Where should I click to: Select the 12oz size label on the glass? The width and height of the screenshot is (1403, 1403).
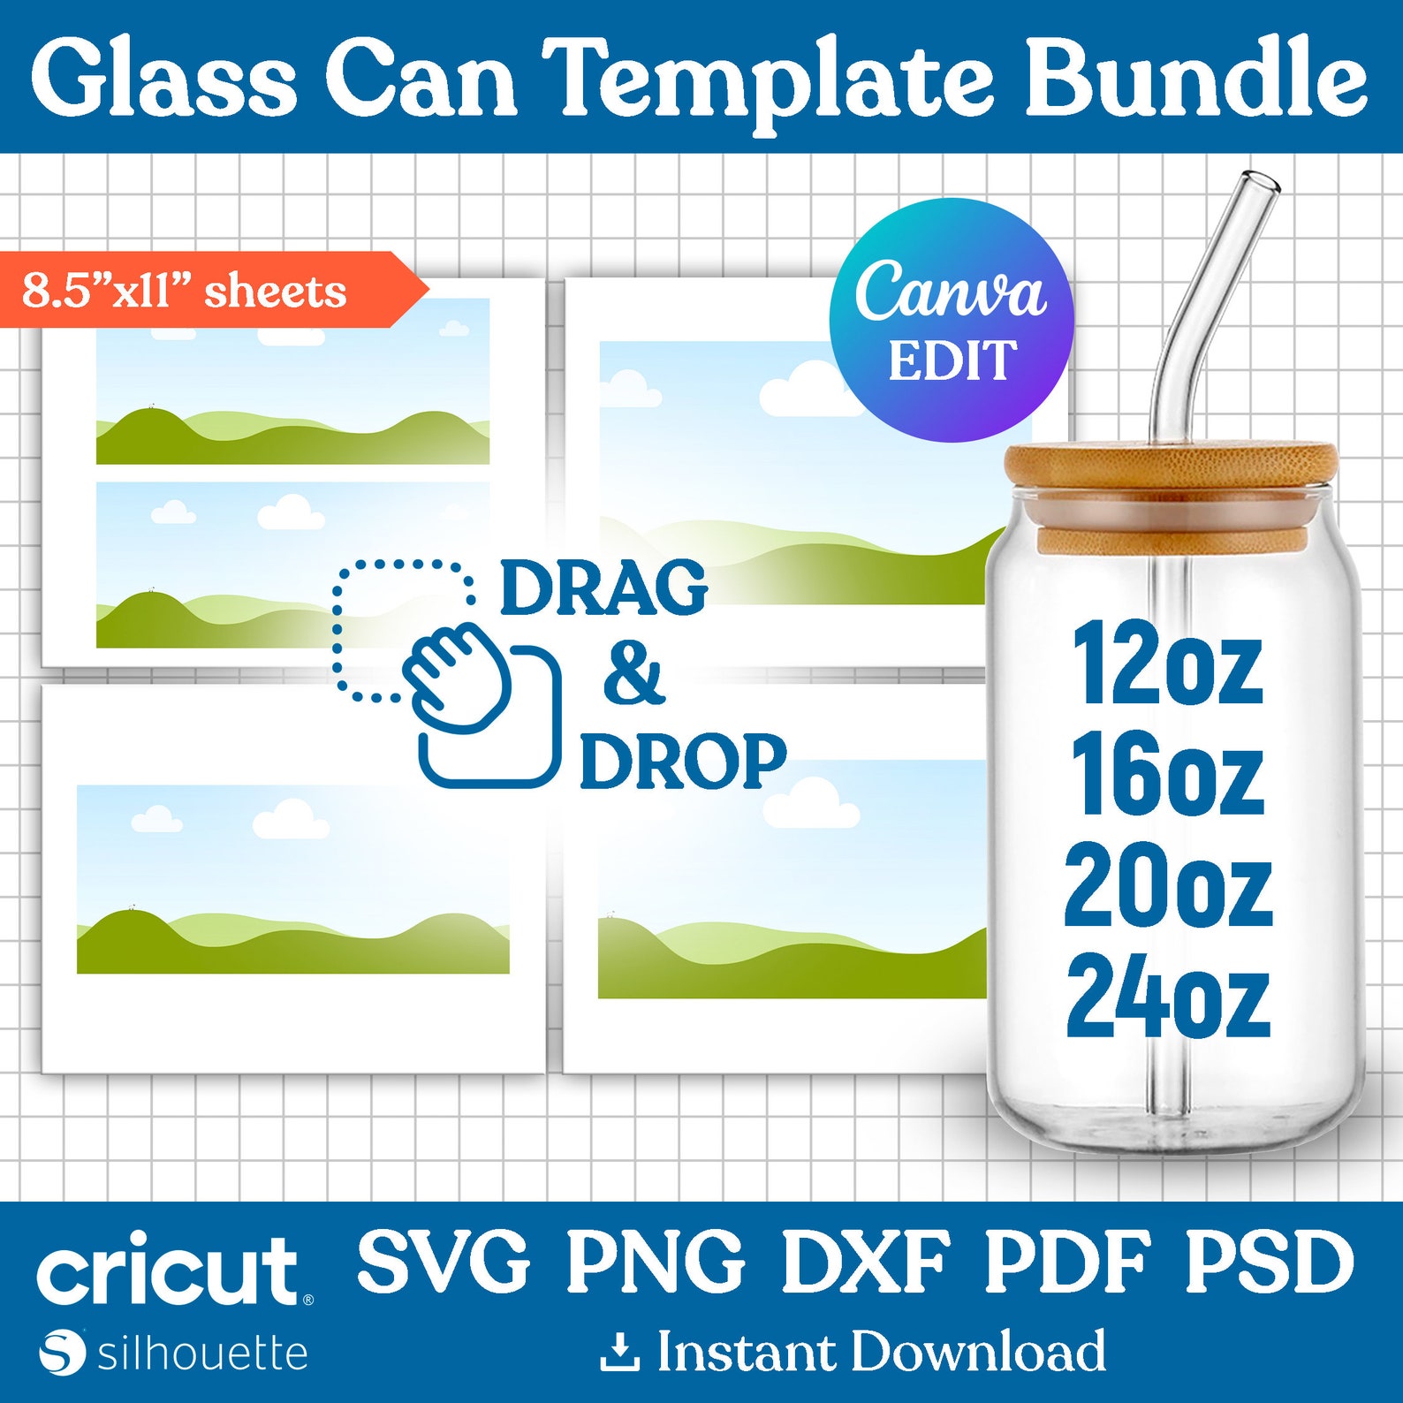click(x=1167, y=664)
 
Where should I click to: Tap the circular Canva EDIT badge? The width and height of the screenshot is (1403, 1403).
click(x=952, y=320)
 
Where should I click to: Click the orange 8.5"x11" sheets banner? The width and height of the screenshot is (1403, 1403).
click(x=203, y=290)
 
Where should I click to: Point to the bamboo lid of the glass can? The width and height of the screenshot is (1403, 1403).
click(x=1171, y=464)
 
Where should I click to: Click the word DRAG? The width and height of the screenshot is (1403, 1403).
click(x=604, y=587)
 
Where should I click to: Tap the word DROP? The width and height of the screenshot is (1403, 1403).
click(x=682, y=761)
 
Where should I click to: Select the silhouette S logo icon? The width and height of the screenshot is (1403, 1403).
click(x=62, y=1352)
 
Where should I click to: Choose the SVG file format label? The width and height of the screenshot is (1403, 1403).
click(x=444, y=1261)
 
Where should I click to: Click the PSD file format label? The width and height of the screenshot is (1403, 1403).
click(x=1269, y=1261)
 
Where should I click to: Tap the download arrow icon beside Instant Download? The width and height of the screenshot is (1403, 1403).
click(x=619, y=1353)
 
